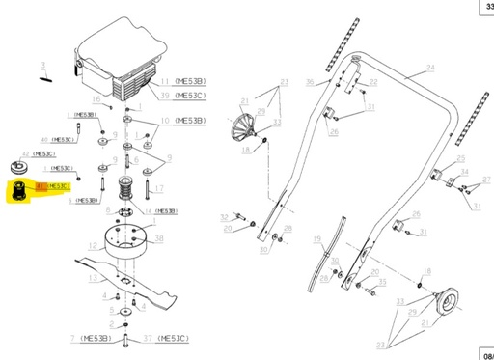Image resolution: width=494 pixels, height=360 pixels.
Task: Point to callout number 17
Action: coord(161,187)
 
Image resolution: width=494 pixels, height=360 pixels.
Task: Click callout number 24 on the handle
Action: coord(429,68)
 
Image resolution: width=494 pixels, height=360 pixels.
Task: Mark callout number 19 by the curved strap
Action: coord(316,237)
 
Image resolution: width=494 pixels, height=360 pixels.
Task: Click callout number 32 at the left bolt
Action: coord(224,216)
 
